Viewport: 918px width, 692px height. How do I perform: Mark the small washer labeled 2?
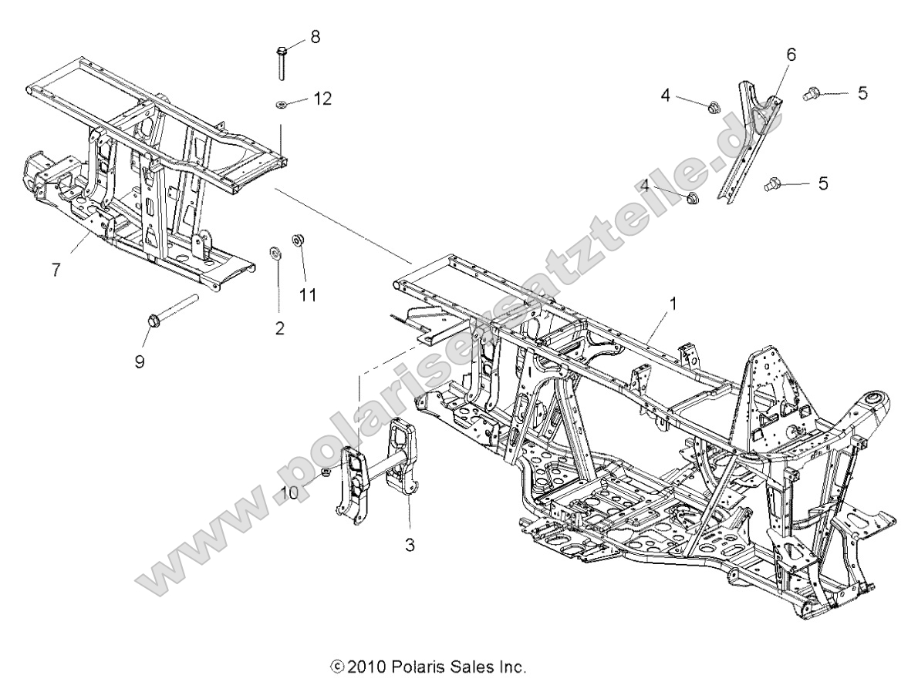tap(274, 253)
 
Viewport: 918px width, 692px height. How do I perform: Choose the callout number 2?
tap(279, 328)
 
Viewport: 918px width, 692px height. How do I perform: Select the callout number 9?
tap(140, 361)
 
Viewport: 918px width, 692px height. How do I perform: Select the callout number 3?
tap(410, 545)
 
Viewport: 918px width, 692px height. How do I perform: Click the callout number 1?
tap(672, 304)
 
